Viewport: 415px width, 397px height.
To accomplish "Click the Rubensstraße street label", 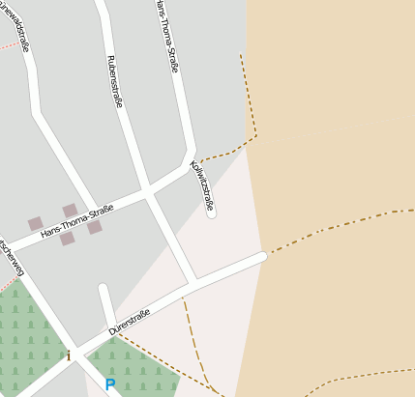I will click(x=114, y=81).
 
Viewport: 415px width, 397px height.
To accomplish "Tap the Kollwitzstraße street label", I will click(x=202, y=184).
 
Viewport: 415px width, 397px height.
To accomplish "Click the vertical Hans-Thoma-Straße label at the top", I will click(x=167, y=36).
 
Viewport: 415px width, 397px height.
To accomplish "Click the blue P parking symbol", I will click(x=110, y=384).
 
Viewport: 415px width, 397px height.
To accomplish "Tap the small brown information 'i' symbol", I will click(x=69, y=355).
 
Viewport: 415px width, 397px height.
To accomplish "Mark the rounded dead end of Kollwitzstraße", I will click(x=212, y=213).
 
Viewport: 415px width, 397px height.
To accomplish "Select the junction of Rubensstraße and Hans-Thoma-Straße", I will click(x=147, y=194).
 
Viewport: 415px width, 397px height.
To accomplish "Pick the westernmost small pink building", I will click(x=36, y=223).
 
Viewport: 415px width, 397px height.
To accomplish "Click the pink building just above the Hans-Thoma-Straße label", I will click(x=70, y=210).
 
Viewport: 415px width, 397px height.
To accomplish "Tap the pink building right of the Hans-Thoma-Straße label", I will click(x=95, y=227).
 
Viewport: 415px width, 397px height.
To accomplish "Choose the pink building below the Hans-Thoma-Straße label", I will click(x=67, y=239).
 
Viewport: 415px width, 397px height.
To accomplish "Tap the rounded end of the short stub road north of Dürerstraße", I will click(x=104, y=288).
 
